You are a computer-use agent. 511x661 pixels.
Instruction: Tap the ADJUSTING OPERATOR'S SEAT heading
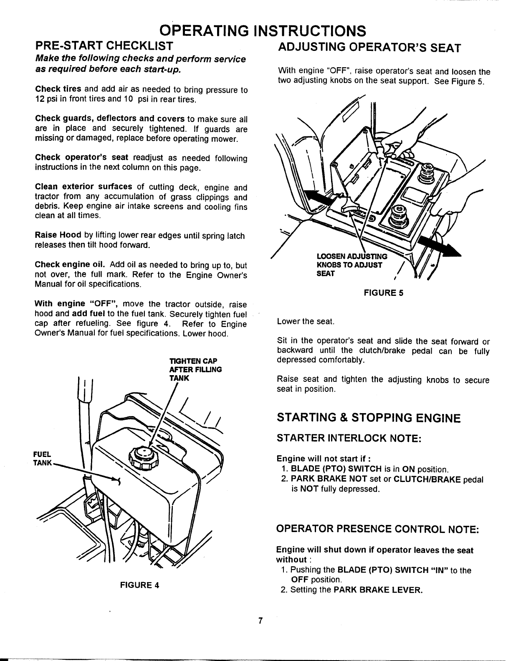(369, 47)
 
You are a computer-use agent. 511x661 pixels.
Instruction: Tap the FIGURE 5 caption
(383, 293)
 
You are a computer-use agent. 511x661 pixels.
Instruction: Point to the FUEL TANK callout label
(43, 459)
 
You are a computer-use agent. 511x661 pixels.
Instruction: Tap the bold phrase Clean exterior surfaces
(83, 187)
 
